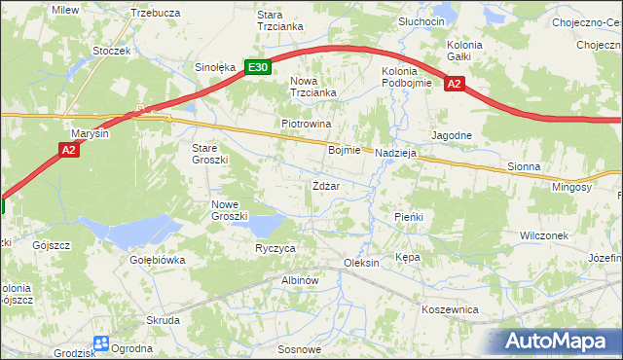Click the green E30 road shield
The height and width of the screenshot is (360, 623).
point(257,67)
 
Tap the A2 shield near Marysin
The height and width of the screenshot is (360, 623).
point(68,149)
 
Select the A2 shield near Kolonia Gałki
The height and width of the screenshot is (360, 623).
point(454,85)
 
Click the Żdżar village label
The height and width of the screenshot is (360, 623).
point(325,186)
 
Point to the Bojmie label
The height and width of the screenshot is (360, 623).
point(345,151)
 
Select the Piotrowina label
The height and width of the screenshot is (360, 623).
point(307,125)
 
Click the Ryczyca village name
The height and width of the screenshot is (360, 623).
point(275,249)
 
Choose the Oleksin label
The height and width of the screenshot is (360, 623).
point(361,265)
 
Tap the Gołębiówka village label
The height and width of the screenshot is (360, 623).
point(157,261)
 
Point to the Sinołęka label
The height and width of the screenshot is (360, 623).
point(215,68)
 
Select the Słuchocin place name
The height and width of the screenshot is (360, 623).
point(421,21)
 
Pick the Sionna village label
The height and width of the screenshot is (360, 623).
point(524,167)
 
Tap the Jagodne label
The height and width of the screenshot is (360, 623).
point(452,135)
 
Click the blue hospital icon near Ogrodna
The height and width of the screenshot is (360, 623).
point(101,342)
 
